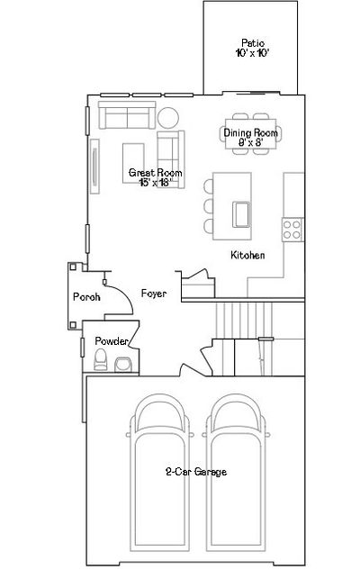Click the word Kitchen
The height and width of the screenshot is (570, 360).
pos(247,255)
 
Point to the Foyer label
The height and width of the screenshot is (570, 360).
pos(154,294)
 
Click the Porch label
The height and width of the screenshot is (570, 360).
pos(86,297)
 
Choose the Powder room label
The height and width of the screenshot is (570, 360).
pos(112,341)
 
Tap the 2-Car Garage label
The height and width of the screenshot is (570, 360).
pos(196,472)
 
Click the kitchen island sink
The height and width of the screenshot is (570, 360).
pos(241,214)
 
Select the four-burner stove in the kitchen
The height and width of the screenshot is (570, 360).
pos(292,230)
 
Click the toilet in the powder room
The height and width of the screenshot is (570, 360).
pos(101,360)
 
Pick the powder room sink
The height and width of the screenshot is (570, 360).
pos(123,365)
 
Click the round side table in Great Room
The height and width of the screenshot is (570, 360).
pos(167,118)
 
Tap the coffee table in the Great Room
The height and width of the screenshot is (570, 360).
pos(133,163)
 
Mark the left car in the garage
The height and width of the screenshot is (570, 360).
pos(160,473)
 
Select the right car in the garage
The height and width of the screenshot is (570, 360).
pos(236,473)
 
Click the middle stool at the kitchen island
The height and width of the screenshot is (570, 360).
pos(209,206)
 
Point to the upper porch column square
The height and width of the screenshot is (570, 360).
pos(73,267)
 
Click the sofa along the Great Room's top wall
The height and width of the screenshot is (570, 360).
pos(127,115)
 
